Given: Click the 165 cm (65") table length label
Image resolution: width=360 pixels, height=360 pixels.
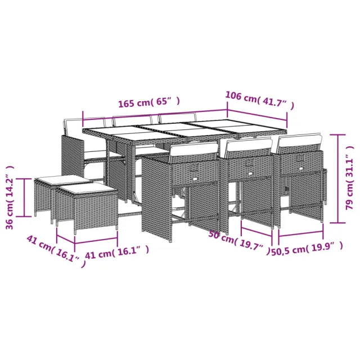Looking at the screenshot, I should click(148, 102).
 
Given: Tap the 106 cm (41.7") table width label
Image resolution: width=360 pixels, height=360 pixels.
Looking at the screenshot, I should click(259, 100).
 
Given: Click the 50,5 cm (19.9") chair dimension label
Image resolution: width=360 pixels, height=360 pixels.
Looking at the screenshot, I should click(307, 246).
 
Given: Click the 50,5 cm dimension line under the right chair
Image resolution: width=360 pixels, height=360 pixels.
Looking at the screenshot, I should click(300, 233).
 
